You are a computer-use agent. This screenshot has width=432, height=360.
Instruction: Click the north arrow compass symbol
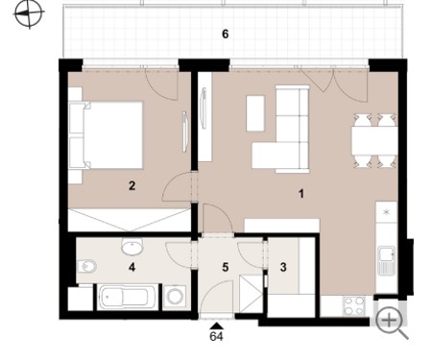(29, 13)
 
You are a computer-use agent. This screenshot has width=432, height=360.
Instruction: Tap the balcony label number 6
(226, 35)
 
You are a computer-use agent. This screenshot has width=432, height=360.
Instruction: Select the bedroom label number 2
(132, 185)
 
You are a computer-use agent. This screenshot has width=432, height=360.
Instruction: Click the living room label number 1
(300, 194)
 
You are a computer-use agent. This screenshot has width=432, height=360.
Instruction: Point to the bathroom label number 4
(132, 267)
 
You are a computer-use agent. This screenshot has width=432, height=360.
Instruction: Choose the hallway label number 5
(226, 267)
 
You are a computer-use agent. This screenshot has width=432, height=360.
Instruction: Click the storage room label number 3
(283, 267)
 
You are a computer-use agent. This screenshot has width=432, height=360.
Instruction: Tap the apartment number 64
(216, 336)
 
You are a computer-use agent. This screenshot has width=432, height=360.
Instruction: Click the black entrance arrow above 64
(217, 325)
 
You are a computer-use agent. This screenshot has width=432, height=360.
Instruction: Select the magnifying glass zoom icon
(391, 323)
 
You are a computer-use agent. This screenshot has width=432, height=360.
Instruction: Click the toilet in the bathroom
(86, 266)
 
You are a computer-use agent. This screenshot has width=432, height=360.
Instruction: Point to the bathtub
(127, 298)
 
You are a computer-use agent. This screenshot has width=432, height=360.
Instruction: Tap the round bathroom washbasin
(132, 247)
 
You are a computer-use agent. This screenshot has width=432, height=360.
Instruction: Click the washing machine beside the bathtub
(175, 297)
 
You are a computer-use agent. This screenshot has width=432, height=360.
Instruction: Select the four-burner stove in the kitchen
(354, 306)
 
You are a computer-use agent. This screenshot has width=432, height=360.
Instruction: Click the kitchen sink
(387, 260)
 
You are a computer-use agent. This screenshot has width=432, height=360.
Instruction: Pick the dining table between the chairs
(374, 141)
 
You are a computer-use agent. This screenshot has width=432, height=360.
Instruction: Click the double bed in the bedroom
(106, 135)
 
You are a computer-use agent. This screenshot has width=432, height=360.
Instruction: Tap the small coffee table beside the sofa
(255, 113)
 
